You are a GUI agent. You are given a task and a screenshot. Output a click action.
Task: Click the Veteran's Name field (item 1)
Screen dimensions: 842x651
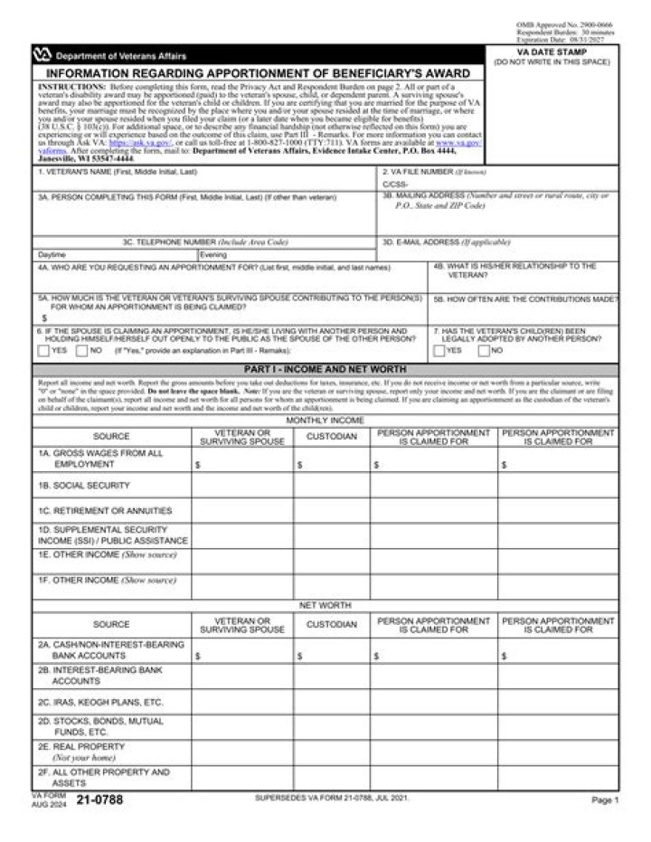pos(203,180)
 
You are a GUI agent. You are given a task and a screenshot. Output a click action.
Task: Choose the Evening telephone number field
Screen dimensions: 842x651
pos(285,255)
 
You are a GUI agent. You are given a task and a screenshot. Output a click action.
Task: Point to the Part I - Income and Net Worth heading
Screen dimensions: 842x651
pos(325,369)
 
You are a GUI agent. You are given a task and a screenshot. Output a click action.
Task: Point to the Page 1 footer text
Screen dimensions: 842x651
pos(604,800)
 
